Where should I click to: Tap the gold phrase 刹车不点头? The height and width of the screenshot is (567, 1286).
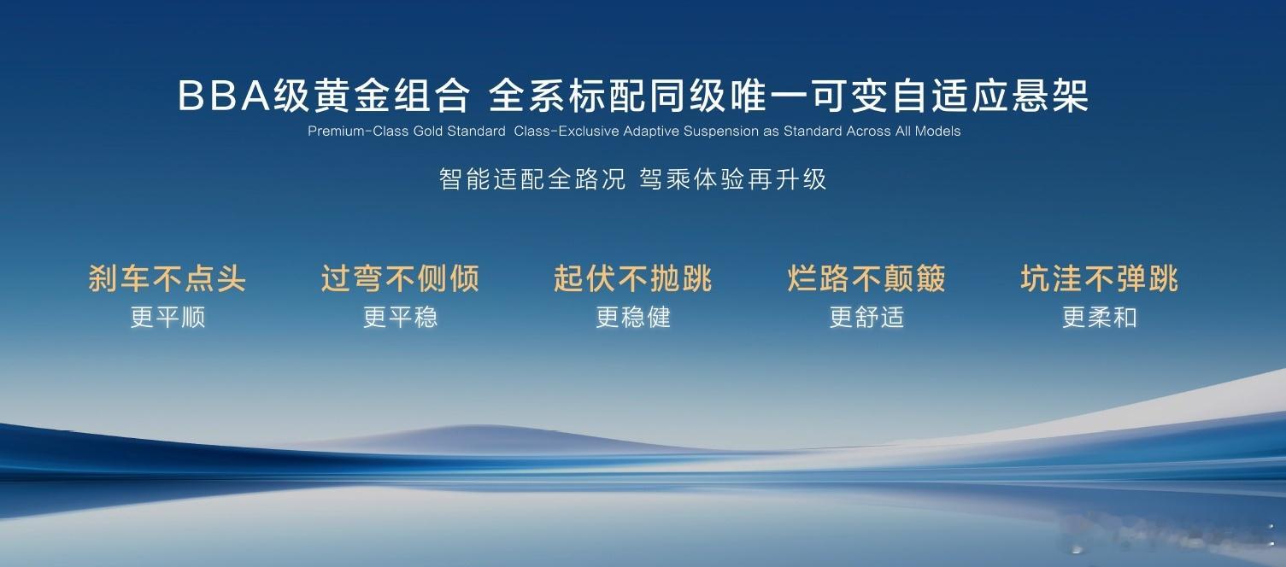pyautogui.click(x=167, y=278)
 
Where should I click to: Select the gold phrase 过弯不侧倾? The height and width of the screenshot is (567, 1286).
pyautogui.click(x=400, y=278)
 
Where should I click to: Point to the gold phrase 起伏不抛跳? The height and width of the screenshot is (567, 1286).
pyautogui.click(x=632, y=278)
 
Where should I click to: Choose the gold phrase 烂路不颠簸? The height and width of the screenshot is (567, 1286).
pyautogui.click(x=866, y=278)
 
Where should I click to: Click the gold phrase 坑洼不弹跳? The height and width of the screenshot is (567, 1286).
pyautogui.click(x=1100, y=278)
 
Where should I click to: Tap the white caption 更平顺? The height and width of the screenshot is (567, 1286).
pyautogui.click(x=167, y=317)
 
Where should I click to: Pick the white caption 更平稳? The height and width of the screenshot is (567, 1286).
pyautogui.click(x=400, y=317)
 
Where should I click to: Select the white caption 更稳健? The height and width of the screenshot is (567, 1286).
pyautogui.click(x=633, y=317)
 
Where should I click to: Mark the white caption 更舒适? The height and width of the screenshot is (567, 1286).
pyautogui.click(x=867, y=317)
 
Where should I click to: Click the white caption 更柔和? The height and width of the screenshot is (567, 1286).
pyautogui.click(x=1100, y=317)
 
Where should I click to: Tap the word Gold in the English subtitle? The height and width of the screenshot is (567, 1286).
pyautogui.click(x=428, y=132)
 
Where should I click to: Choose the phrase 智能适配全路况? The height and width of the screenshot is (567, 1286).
pyautogui.click(x=532, y=179)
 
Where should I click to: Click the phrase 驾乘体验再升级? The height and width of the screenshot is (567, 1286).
pyautogui.click(x=732, y=179)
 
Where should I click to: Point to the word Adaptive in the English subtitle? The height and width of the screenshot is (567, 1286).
pyautogui.click(x=651, y=132)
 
